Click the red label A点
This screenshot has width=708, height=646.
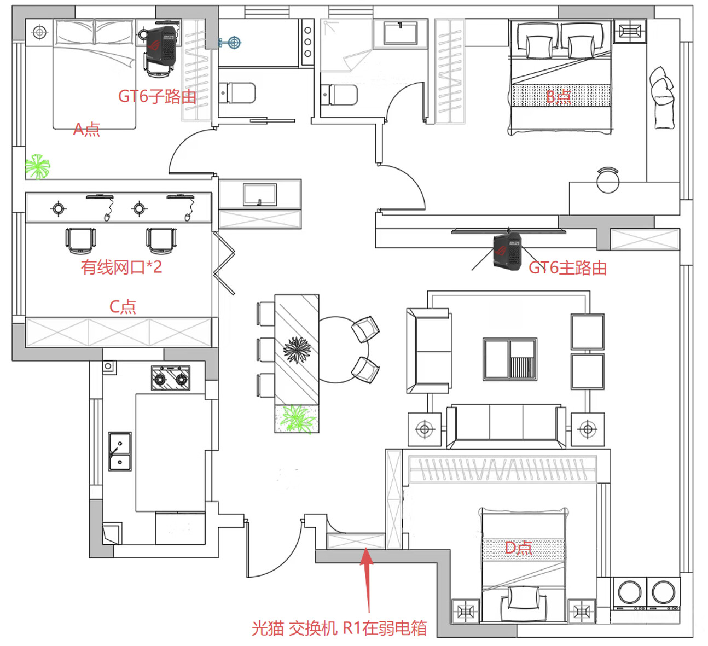coord(86,130)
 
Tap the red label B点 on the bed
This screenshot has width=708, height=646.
coord(558,96)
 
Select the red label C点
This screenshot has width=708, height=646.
coord(123,306)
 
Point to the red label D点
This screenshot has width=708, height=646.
coord(519,548)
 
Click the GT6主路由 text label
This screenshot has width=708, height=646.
coord(567,267)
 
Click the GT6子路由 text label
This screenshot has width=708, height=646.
coord(157,96)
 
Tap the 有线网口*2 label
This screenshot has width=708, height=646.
coord(121,267)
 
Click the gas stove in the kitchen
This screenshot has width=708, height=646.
coord(171,378)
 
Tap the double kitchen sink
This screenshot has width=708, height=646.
coord(120,451)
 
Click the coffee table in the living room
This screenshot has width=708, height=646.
coord(510,359)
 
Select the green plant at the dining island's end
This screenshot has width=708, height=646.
coord(297,418)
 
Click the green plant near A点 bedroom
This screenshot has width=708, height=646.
coord(37,166)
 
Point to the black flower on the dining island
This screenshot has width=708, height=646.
coord(297,350)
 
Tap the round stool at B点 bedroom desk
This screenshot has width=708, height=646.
coord(608,181)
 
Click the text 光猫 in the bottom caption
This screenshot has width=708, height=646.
coord(268,628)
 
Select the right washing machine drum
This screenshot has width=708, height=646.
coord(664,592)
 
